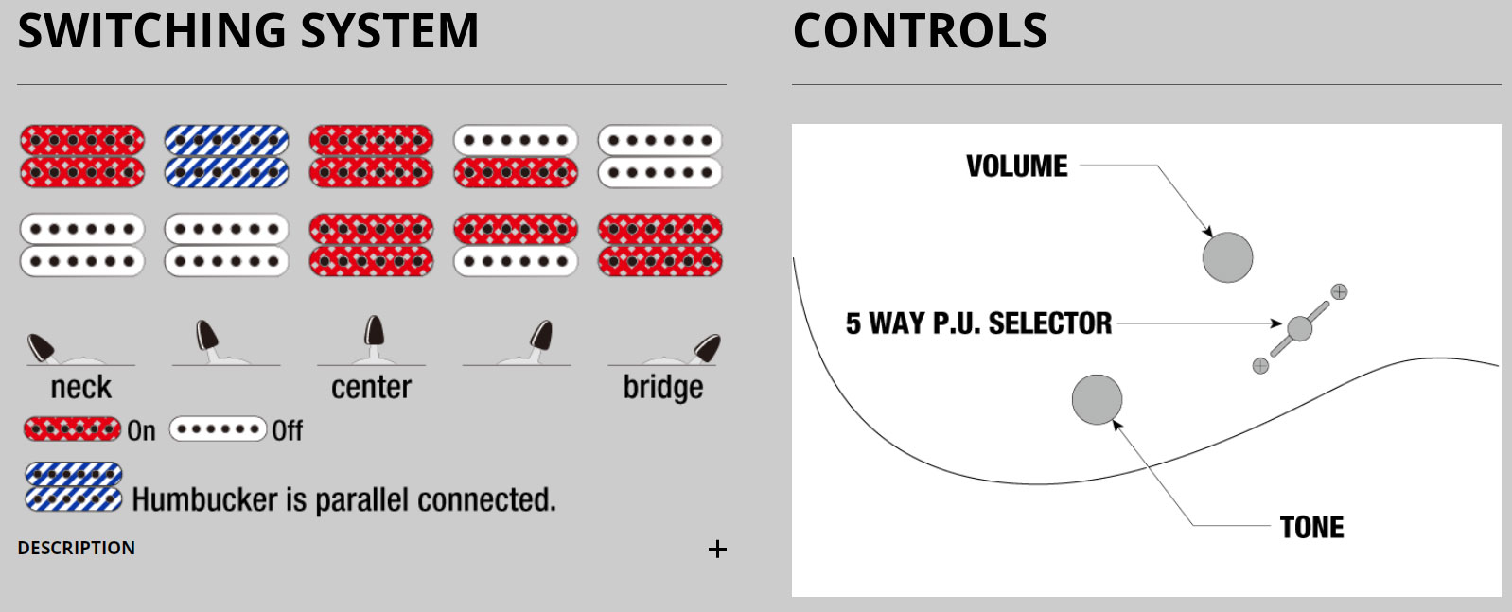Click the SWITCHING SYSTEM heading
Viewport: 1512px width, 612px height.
248,31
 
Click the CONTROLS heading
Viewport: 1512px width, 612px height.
920,31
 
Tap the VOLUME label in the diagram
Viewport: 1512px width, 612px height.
1016,166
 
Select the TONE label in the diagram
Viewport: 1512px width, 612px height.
1311,527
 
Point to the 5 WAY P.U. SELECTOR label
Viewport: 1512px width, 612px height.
978,323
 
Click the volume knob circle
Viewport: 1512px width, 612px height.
1227,257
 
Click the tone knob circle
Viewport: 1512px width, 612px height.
1097,399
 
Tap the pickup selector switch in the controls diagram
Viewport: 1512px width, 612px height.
1300,328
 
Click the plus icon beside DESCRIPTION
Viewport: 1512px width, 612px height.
717,550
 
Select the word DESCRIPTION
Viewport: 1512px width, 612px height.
77,549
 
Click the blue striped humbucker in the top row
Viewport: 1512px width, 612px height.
227,156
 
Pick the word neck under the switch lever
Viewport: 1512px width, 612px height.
81,388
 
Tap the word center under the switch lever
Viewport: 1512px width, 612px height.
371,388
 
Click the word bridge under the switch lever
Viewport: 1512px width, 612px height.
662,388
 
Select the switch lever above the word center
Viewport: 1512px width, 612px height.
375,334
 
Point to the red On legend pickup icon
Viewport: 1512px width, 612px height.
73,429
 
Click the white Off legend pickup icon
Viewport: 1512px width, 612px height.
218,429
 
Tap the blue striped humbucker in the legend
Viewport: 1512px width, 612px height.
74,486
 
